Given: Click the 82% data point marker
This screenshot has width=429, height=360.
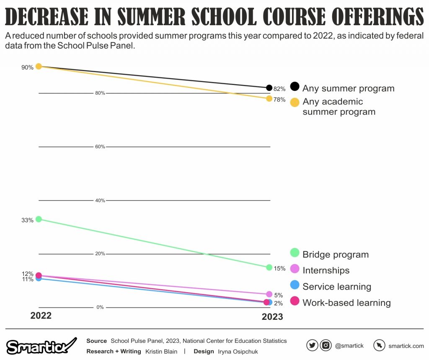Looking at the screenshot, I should pyautogui.click(x=269, y=88).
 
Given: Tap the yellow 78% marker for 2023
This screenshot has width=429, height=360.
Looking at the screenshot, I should pyautogui.click(x=269, y=99).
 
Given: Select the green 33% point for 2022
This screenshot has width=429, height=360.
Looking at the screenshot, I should pyautogui.click(x=39, y=219).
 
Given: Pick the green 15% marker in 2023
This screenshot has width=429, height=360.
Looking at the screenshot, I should pyautogui.click(x=269, y=267).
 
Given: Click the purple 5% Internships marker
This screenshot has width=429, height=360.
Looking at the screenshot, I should pyautogui.click(x=269, y=294).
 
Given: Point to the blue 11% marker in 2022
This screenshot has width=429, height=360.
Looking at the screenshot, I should pyautogui.click(x=39, y=278).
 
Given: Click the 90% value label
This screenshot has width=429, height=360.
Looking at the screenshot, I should pyautogui.click(x=28, y=67).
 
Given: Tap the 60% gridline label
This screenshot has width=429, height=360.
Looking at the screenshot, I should pyautogui.click(x=100, y=147).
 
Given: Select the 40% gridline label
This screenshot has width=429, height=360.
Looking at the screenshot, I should pyautogui.click(x=100, y=201).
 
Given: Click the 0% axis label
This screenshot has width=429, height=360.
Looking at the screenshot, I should pyautogui.click(x=100, y=307).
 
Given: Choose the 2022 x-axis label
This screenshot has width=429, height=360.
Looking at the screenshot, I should pyautogui.click(x=41, y=316).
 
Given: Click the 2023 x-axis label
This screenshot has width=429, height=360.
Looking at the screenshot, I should pyautogui.click(x=272, y=317).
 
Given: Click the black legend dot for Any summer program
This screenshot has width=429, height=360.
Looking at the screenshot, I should pyautogui.click(x=295, y=86).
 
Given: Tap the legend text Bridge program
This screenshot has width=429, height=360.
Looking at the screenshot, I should pyautogui.click(x=336, y=255).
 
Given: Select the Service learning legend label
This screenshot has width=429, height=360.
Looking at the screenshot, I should pyautogui.click(x=337, y=287).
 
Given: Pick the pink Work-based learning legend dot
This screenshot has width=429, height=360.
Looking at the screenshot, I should pyautogui.click(x=295, y=301).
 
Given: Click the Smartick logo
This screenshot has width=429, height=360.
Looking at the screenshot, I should pyautogui.click(x=41, y=346).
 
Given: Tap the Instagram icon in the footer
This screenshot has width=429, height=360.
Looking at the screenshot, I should pyautogui.click(x=326, y=345).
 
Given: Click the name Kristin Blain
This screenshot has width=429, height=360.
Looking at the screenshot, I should pyautogui.click(x=161, y=352).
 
